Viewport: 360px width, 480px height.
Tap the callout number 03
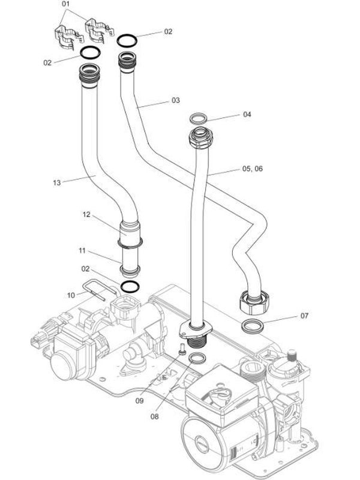[x=176, y=101]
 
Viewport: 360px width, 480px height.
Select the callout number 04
[x=247, y=114]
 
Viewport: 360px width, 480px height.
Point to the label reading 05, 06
[x=252, y=169]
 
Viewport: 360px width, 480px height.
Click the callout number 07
[x=304, y=315]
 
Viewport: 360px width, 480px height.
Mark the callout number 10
[x=71, y=295]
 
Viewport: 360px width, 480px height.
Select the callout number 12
[x=86, y=214]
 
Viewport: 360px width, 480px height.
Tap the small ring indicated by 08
[x=196, y=359]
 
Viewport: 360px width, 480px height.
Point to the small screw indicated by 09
[x=181, y=349]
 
